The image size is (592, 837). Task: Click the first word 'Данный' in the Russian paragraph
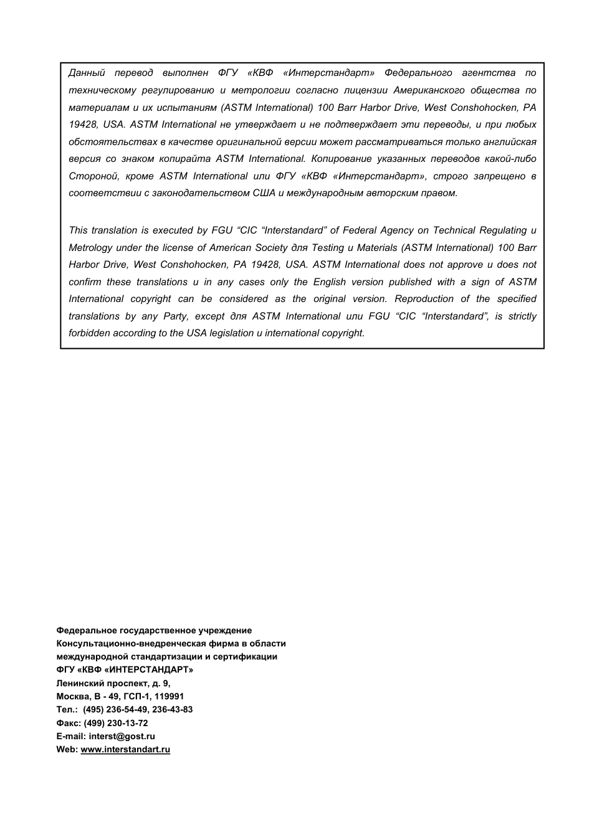[x=87, y=73]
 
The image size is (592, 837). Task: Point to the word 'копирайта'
[x=184, y=159]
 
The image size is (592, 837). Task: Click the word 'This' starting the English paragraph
[x=78, y=230]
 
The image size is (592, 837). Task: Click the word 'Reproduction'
[x=423, y=299]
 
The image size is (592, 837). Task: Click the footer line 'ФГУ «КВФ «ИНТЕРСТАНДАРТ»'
[x=125, y=670]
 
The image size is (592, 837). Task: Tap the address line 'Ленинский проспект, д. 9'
[x=113, y=683]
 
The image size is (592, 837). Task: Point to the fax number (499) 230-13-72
[x=115, y=723]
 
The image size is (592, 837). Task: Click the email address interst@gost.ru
[x=122, y=736]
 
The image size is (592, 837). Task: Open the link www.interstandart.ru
[x=125, y=750]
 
